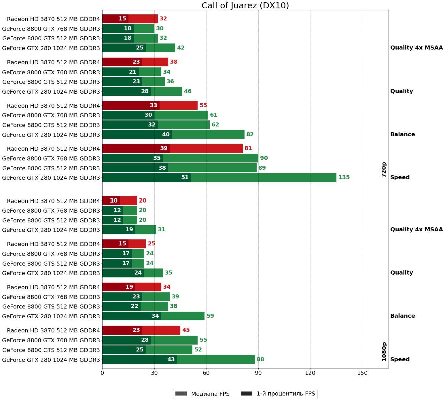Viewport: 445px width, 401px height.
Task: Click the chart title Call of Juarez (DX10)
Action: coord(245,6)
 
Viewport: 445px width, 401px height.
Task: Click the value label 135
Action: coord(344,177)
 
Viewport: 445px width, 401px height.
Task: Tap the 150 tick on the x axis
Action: coord(362,373)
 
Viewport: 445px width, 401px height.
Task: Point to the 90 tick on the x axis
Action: coord(258,373)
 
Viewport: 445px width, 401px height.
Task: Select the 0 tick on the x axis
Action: coord(102,373)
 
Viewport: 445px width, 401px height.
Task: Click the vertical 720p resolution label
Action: coord(384,170)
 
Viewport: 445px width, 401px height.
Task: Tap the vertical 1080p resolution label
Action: coord(384,352)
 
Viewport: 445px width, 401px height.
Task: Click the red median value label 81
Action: coord(248,148)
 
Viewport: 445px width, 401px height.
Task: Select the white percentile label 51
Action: coord(185,177)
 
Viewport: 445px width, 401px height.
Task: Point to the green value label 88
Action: coord(260,359)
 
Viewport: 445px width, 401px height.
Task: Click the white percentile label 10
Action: coord(114,200)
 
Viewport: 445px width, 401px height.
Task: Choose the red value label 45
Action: coord(186,330)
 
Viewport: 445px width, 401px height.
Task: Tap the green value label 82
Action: coord(250,134)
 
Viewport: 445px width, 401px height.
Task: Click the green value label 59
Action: coord(210,316)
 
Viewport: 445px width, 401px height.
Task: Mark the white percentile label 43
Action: coord(171,359)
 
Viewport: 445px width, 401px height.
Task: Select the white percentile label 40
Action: coord(166,134)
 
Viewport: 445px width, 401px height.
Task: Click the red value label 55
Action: coord(203,105)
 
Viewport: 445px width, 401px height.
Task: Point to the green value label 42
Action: coord(181,48)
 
